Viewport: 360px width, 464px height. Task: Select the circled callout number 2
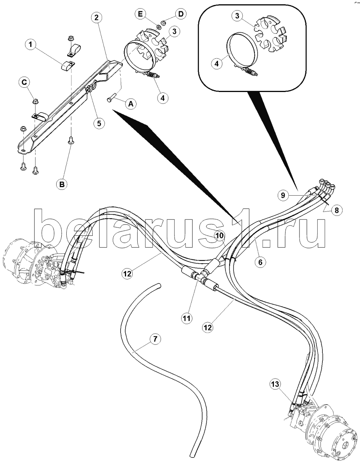click(x=96, y=17)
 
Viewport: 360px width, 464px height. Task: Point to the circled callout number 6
click(x=260, y=262)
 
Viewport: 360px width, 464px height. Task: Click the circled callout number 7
click(x=155, y=339)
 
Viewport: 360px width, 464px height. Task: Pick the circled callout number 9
click(x=283, y=195)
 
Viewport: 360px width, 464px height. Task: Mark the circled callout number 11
click(x=186, y=318)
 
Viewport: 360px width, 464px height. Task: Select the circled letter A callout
click(x=131, y=104)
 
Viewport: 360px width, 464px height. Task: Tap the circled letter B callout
click(x=62, y=184)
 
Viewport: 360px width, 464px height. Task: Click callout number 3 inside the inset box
click(x=237, y=16)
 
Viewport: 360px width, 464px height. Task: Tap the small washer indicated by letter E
click(x=159, y=27)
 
